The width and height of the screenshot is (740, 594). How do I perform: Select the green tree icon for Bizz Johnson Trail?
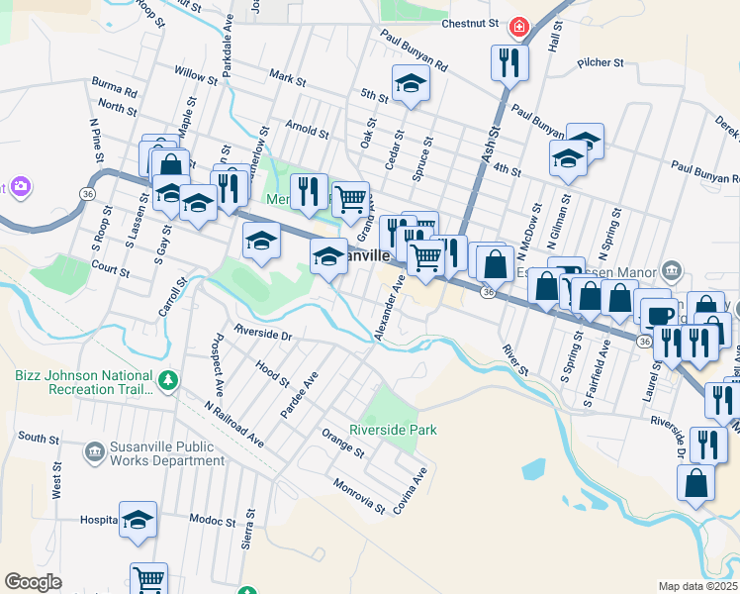pyautogui.click(x=168, y=379)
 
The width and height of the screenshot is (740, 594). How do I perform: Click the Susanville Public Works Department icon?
pyautogui.click(x=94, y=452)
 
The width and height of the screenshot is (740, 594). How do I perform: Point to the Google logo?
pyautogui.click(x=33, y=582)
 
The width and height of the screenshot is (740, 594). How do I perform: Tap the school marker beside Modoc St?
pyautogui.click(x=138, y=518)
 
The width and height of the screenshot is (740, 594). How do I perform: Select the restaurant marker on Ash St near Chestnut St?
pyautogui.click(x=509, y=62)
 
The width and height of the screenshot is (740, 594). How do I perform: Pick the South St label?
pyautogui.click(x=39, y=438)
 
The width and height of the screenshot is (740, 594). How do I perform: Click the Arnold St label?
pyautogui.click(x=307, y=129)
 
